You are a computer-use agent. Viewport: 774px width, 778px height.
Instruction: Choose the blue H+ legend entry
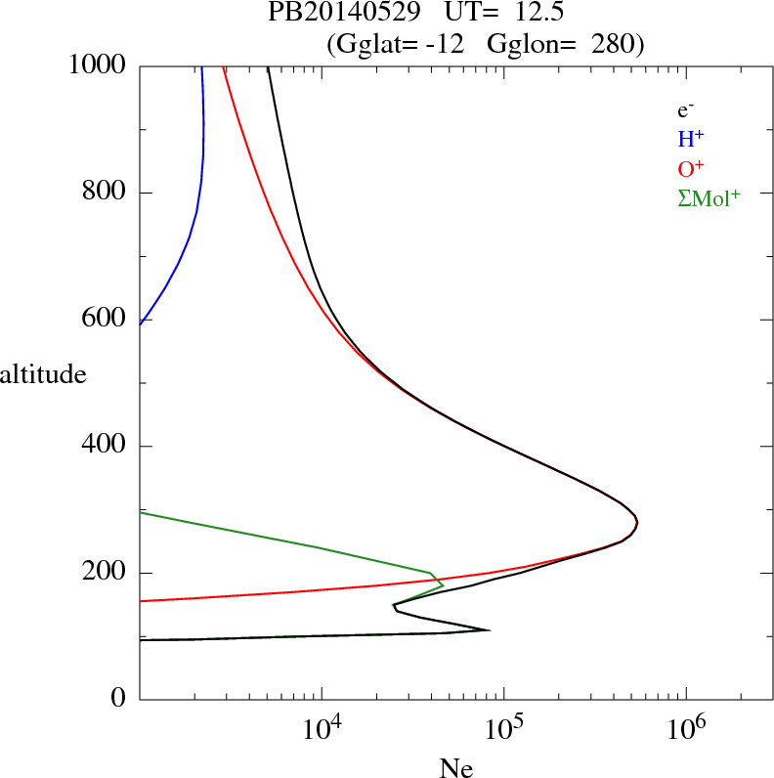point(691,139)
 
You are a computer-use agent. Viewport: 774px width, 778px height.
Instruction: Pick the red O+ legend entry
point(692,168)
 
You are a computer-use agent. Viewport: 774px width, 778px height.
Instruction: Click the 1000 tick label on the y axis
point(98,65)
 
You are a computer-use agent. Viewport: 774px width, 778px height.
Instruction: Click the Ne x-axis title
point(455,768)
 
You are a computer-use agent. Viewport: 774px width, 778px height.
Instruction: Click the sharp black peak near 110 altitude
point(487,629)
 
